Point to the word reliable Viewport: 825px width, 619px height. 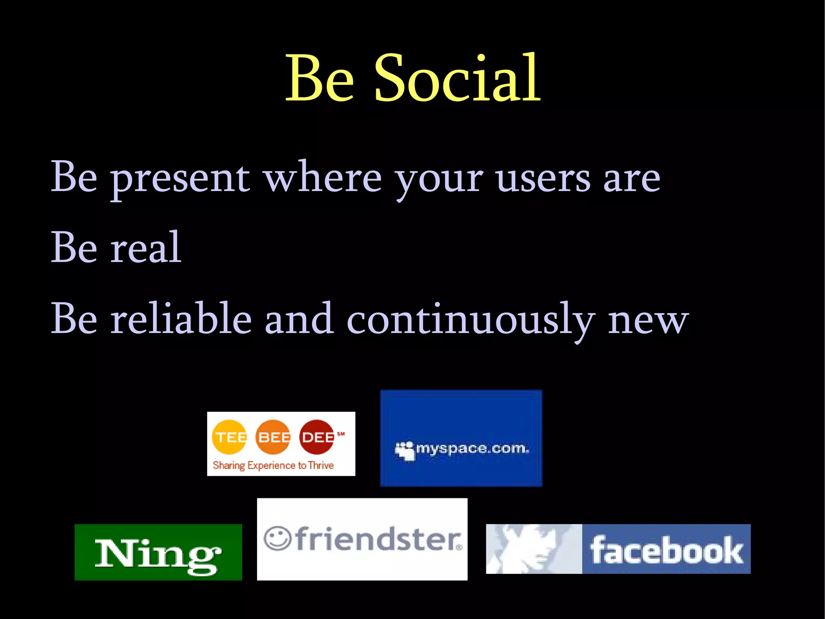(x=181, y=319)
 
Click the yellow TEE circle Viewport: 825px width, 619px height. (x=229, y=437)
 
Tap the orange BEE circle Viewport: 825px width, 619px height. (x=273, y=437)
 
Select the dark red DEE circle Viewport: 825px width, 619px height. (x=317, y=437)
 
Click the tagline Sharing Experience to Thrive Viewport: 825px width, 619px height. (x=273, y=465)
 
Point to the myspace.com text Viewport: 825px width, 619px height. (x=473, y=448)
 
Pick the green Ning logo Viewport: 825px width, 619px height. (x=158, y=552)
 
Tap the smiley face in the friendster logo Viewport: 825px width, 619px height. (x=277, y=538)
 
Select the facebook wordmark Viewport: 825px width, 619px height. (x=666, y=550)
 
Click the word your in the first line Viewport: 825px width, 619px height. (x=439, y=179)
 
